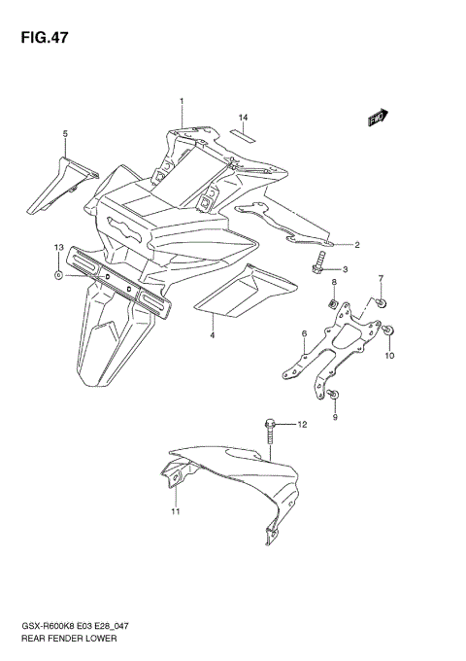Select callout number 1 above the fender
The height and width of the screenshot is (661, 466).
tap(181, 101)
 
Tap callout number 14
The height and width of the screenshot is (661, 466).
tap(245, 117)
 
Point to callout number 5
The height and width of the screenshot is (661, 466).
tap(65, 133)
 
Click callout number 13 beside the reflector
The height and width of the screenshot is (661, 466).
tap(59, 250)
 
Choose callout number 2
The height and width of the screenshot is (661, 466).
tap(356, 245)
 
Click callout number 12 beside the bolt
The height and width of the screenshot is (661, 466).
tap(302, 425)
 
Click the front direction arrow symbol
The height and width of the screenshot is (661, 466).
tap(378, 119)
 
